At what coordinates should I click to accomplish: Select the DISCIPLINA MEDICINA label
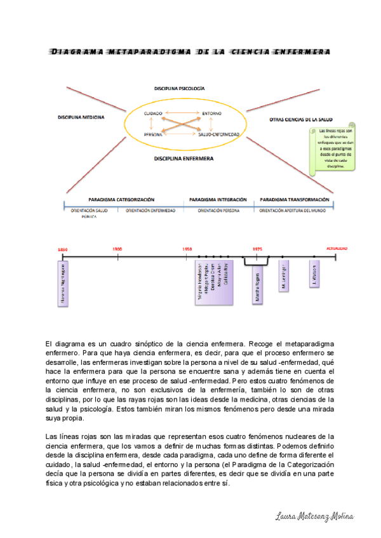[81, 117]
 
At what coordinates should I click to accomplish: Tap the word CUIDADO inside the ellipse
[153, 113]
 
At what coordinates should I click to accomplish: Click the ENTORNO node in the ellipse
[211, 113]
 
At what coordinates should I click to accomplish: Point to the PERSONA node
[152, 134]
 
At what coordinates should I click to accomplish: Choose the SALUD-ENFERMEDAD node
[218, 134]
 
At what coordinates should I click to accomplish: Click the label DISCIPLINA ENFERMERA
[184, 158]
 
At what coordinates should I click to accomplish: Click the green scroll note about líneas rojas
[332, 150]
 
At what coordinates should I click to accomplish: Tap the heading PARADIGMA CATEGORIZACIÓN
[121, 199]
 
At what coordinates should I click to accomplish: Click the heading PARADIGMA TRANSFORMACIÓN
[294, 199]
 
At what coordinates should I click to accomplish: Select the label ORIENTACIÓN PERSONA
[218, 209]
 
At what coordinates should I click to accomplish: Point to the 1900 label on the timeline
[117, 249]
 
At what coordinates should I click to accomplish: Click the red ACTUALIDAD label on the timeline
[336, 249]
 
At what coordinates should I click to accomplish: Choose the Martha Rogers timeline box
[257, 284]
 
